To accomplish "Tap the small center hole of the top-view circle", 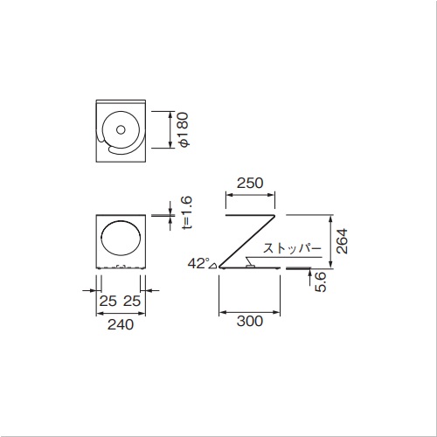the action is coord(121,130).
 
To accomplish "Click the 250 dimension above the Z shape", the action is coord(250,183).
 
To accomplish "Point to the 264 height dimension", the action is coord(342,241).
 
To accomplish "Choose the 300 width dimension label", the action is coord(250,321).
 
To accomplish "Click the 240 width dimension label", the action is coord(121,324).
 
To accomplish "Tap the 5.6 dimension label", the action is coord(321,282).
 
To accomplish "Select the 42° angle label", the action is coord(198,264).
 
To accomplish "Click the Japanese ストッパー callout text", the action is coord(292,249).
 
